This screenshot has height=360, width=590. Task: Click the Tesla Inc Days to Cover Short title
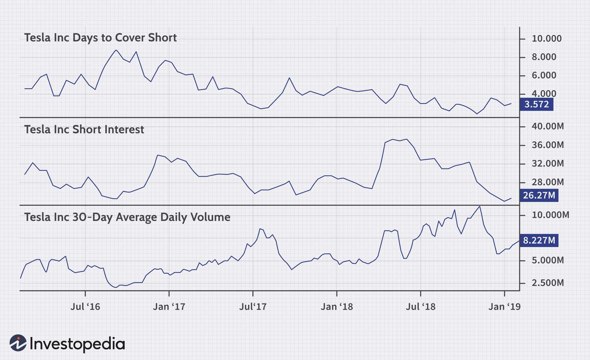click(100, 38)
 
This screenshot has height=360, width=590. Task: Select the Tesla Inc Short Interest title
click(84, 129)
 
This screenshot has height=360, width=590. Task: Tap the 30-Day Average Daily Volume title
click(127, 217)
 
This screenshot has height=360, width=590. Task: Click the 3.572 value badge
click(537, 104)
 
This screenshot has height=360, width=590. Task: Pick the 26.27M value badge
click(539, 195)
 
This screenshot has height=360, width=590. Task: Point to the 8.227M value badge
click(539, 240)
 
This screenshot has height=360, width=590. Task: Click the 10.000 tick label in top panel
click(546, 39)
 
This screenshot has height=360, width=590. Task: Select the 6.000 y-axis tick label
click(544, 75)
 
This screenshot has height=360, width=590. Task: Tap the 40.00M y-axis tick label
click(548, 126)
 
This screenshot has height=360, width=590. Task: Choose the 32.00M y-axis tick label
click(548, 163)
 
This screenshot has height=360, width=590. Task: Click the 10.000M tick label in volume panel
click(550, 215)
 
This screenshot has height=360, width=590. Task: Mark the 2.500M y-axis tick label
click(548, 282)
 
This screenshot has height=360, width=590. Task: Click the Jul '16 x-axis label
click(85, 306)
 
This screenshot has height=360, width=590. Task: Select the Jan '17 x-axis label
click(169, 306)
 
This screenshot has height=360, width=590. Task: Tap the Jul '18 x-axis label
click(420, 306)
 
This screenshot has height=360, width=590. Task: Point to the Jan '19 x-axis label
click(504, 306)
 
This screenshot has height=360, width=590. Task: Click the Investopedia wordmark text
click(77, 344)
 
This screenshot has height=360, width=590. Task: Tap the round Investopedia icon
click(18, 343)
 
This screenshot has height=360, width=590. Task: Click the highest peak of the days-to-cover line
click(116, 50)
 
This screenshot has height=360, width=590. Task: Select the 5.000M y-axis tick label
click(548, 260)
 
